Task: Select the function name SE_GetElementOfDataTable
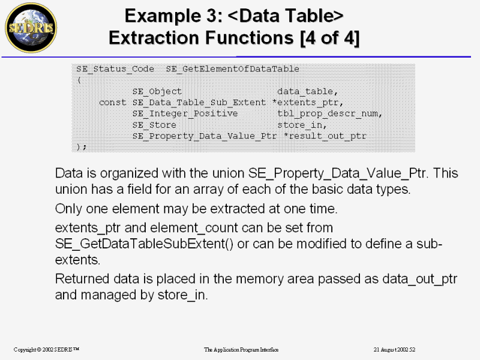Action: (x=232, y=69)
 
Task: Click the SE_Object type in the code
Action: (x=157, y=91)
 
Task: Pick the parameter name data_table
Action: (x=307, y=91)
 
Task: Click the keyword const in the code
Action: (x=113, y=103)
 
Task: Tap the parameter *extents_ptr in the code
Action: (x=304, y=103)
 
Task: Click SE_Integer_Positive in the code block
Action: (x=185, y=113)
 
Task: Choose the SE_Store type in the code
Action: (x=154, y=125)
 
